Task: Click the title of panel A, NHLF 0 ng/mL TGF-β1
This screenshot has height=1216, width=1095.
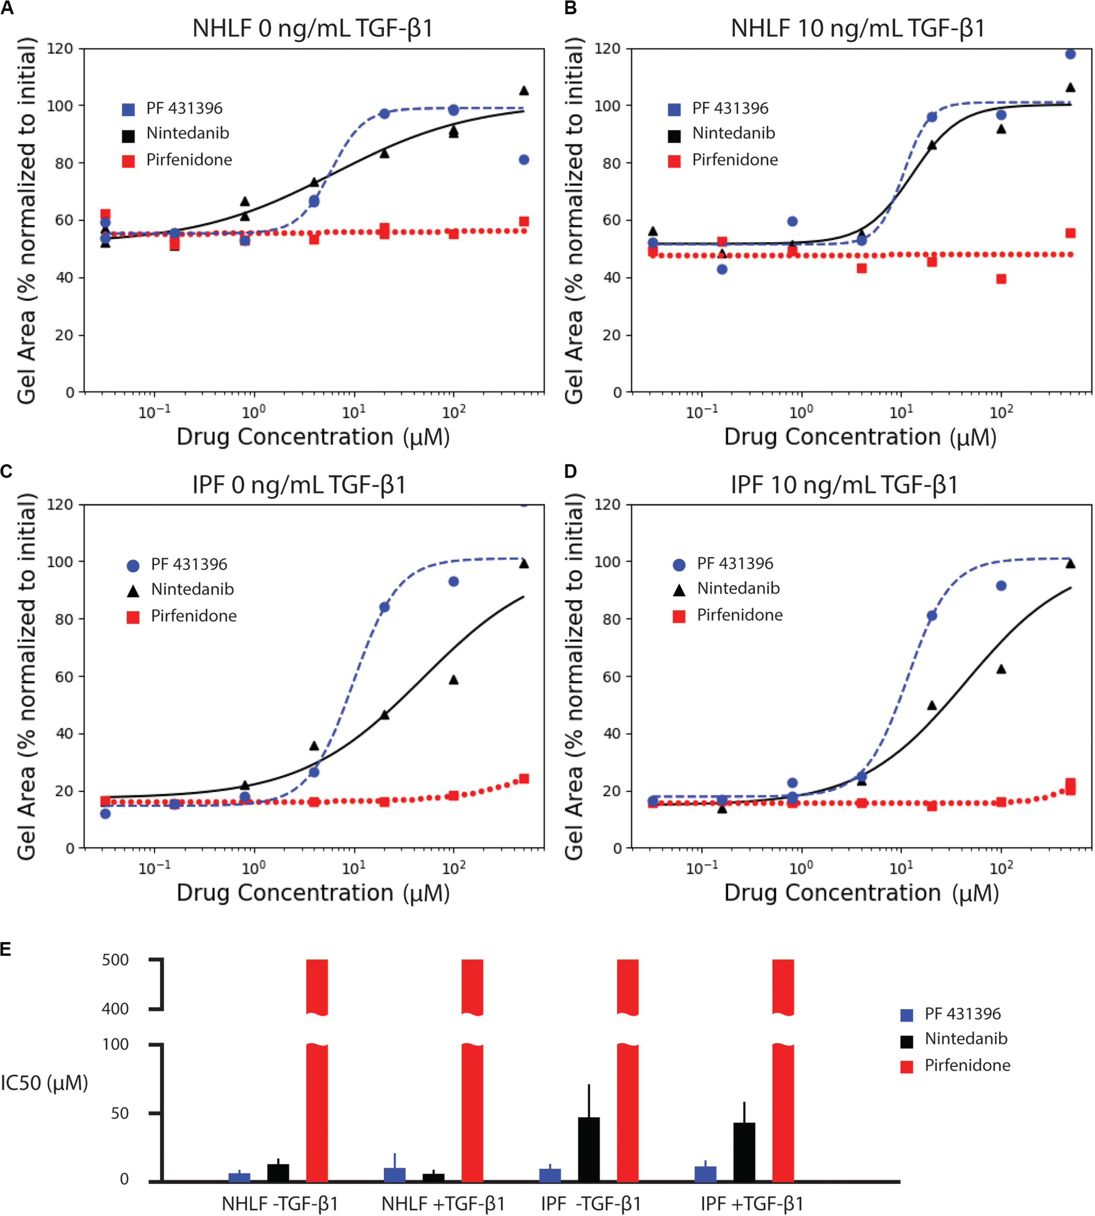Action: point(312,28)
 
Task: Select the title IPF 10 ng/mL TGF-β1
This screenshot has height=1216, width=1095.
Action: point(844,484)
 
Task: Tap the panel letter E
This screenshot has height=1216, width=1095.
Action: point(6,949)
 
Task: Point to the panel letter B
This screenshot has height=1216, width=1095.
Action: point(570,8)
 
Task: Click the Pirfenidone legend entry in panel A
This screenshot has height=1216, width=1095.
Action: point(188,160)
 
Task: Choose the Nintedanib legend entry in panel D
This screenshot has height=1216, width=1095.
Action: point(738,588)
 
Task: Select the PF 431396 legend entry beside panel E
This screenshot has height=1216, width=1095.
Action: point(962,1014)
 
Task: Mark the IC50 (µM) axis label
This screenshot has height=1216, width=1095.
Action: point(44,1083)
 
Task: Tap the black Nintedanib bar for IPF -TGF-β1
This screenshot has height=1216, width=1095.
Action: point(588,1148)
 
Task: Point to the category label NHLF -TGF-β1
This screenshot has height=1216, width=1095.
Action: point(280,1203)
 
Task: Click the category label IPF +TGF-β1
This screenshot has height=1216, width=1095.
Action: point(752,1203)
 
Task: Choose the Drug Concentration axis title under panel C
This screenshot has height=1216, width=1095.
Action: point(313,893)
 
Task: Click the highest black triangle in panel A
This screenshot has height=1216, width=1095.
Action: point(524,91)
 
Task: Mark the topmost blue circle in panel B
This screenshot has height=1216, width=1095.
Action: point(1070,54)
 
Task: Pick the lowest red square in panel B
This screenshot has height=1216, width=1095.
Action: point(1001,279)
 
